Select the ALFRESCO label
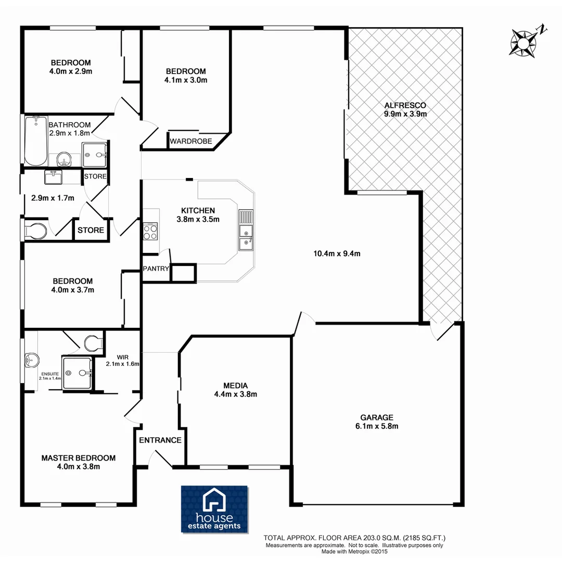point(405,109)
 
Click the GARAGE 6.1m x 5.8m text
point(376,421)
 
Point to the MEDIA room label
point(235,390)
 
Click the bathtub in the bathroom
point(35,140)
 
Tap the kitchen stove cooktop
point(150,231)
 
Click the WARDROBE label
point(190,141)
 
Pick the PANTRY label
point(156,269)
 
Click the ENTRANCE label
point(160,440)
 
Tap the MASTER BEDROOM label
point(78,462)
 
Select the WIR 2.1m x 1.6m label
point(123,360)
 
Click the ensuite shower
point(79,373)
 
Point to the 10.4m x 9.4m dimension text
point(337,254)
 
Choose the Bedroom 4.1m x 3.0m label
point(186,75)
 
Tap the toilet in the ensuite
point(93,343)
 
